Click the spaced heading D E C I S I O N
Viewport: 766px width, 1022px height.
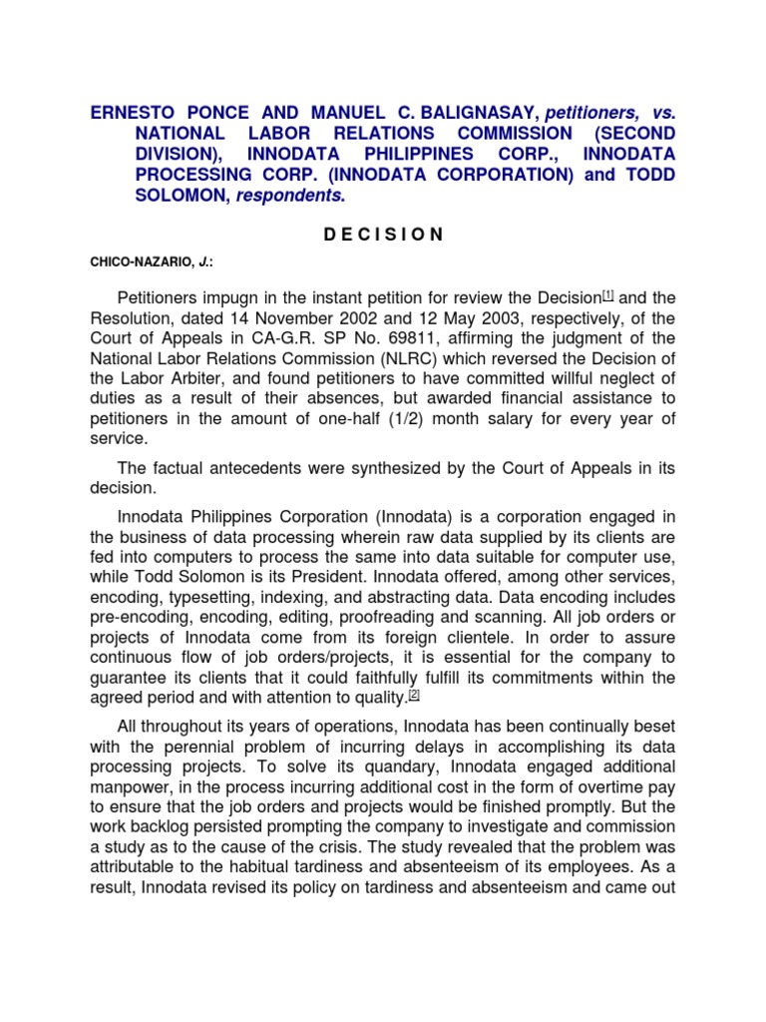383,235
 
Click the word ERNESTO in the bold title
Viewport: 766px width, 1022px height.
138,112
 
